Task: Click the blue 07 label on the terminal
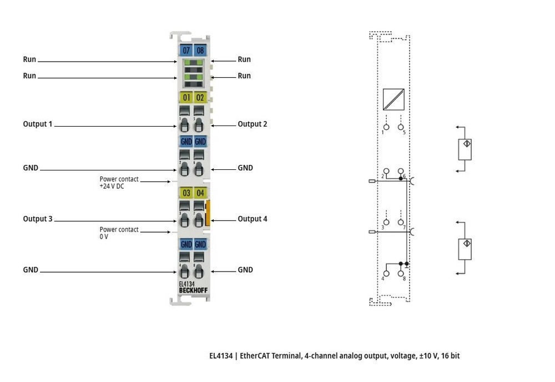coord(186,51)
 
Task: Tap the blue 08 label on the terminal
coord(200,51)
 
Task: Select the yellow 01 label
coord(186,97)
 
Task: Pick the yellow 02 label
coord(200,97)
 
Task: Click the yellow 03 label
coord(186,193)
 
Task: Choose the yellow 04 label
coord(200,193)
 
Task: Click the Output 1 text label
coord(38,124)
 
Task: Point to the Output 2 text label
coord(253,124)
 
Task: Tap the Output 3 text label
coord(38,219)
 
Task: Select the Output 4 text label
coord(253,219)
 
